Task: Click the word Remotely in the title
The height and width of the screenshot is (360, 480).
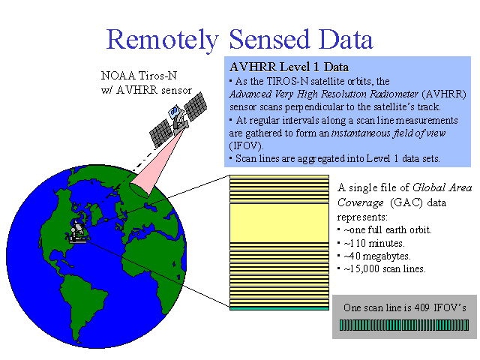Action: click(162, 40)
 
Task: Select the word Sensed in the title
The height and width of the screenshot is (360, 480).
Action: click(269, 39)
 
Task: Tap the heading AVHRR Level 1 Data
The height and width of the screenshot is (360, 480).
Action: click(289, 67)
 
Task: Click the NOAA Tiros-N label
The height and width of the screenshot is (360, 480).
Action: click(139, 75)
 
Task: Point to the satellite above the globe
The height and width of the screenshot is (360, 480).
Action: click(178, 119)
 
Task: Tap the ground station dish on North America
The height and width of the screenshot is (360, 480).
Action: click(77, 232)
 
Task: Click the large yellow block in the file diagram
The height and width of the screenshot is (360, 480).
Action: click(279, 223)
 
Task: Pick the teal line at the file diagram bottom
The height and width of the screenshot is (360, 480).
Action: click(279, 308)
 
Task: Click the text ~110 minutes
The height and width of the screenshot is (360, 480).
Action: click(374, 243)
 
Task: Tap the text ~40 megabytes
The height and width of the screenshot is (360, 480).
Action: click(377, 256)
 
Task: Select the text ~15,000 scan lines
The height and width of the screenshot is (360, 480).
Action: click(385, 269)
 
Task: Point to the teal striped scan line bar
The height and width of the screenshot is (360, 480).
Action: click(404, 325)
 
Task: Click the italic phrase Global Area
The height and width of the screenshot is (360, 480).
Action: click(442, 187)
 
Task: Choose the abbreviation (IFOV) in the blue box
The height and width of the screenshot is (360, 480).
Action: click(246, 146)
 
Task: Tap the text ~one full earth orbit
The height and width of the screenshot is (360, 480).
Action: click(388, 230)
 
